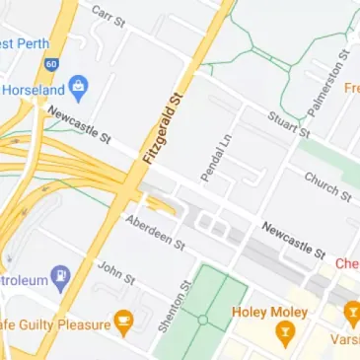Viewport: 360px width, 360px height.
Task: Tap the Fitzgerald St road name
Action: (164, 128)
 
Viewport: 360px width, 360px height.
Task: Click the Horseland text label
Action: (34, 90)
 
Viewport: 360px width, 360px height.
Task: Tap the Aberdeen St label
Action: (155, 232)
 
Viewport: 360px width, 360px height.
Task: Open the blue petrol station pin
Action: (60, 276)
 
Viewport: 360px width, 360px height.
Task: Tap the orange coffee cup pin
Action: (122, 320)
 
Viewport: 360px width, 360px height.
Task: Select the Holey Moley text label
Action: (265, 313)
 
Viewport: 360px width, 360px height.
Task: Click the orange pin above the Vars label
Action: (352, 315)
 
